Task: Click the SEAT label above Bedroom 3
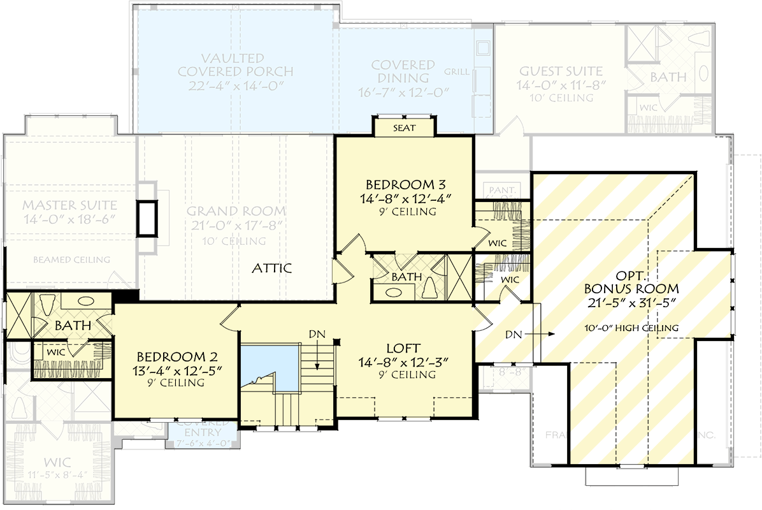pyautogui.click(x=404, y=128)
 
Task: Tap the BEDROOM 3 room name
pyautogui.click(x=405, y=186)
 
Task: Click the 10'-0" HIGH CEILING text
pyautogui.click(x=631, y=328)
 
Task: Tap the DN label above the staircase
pyautogui.click(x=317, y=333)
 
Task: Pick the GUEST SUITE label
pyautogui.click(x=561, y=71)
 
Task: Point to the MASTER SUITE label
pyautogui.click(x=70, y=205)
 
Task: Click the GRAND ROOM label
pyautogui.click(x=236, y=211)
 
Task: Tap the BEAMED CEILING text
pyautogui.click(x=72, y=259)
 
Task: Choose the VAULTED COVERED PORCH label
pyautogui.click(x=236, y=64)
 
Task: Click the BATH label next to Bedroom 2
pyautogui.click(x=71, y=326)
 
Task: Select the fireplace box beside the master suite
pyautogui.click(x=147, y=218)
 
